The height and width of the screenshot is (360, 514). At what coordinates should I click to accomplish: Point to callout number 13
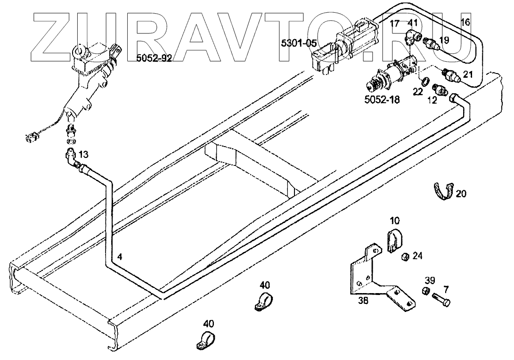tap(83, 154)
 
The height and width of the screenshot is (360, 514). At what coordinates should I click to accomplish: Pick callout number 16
tap(465, 22)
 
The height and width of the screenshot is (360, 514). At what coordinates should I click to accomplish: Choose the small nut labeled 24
tap(403, 257)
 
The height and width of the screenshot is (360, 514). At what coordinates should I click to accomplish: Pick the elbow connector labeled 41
tap(412, 35)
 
